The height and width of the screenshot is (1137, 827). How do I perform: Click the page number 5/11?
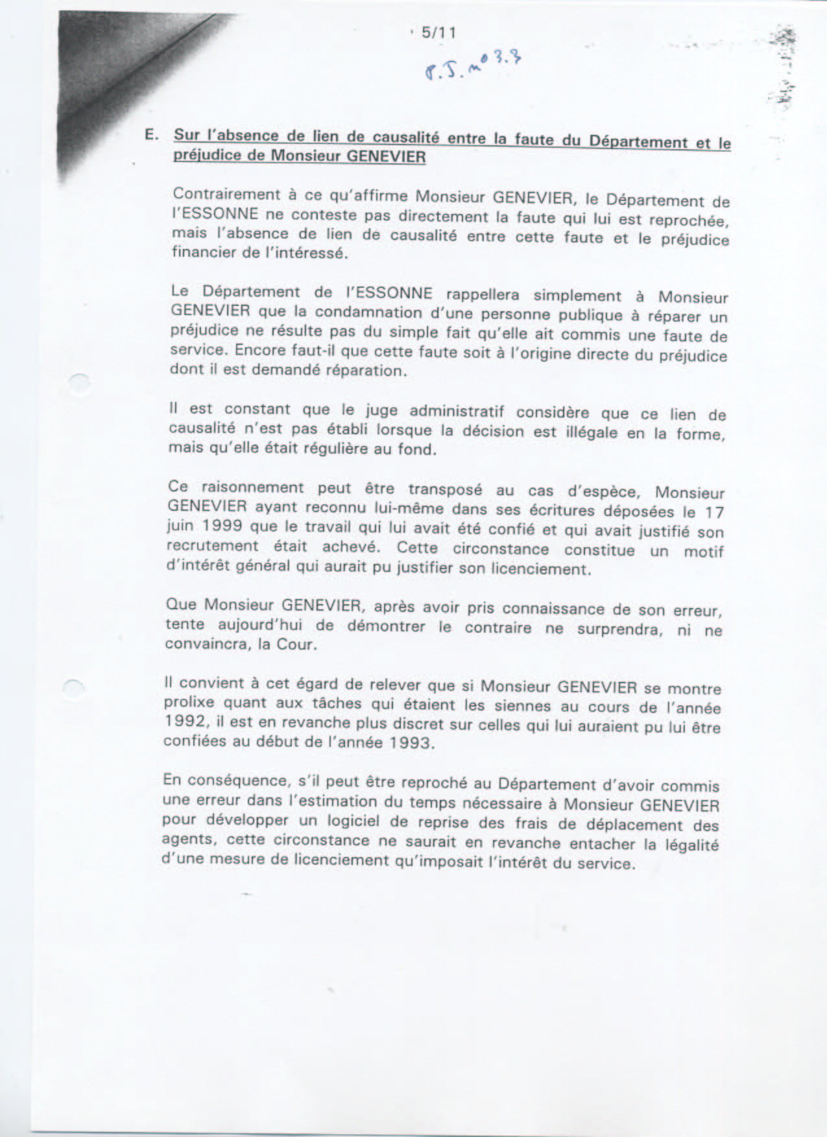[438, 32]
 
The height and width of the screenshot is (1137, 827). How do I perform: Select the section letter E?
[152, 135]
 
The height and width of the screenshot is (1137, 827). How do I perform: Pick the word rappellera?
[483, 295]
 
